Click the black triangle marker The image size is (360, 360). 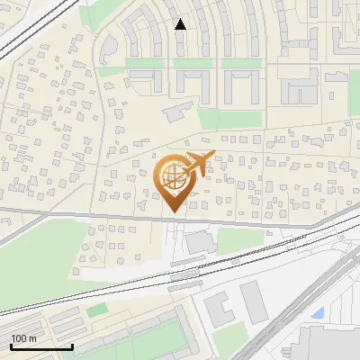pos(180,24)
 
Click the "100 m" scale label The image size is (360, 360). pos(23,337)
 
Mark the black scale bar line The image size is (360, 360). pos(41,346)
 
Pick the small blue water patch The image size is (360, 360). pos(317,313)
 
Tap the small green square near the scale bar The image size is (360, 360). pos(96,310)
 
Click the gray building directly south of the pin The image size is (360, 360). pos(198,241)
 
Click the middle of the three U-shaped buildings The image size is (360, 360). pos(192,85)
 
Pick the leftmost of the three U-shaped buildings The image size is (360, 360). pos(144,83)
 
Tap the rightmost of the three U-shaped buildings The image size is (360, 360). pos(240,85)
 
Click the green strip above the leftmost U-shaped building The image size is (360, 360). pos(144,63)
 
